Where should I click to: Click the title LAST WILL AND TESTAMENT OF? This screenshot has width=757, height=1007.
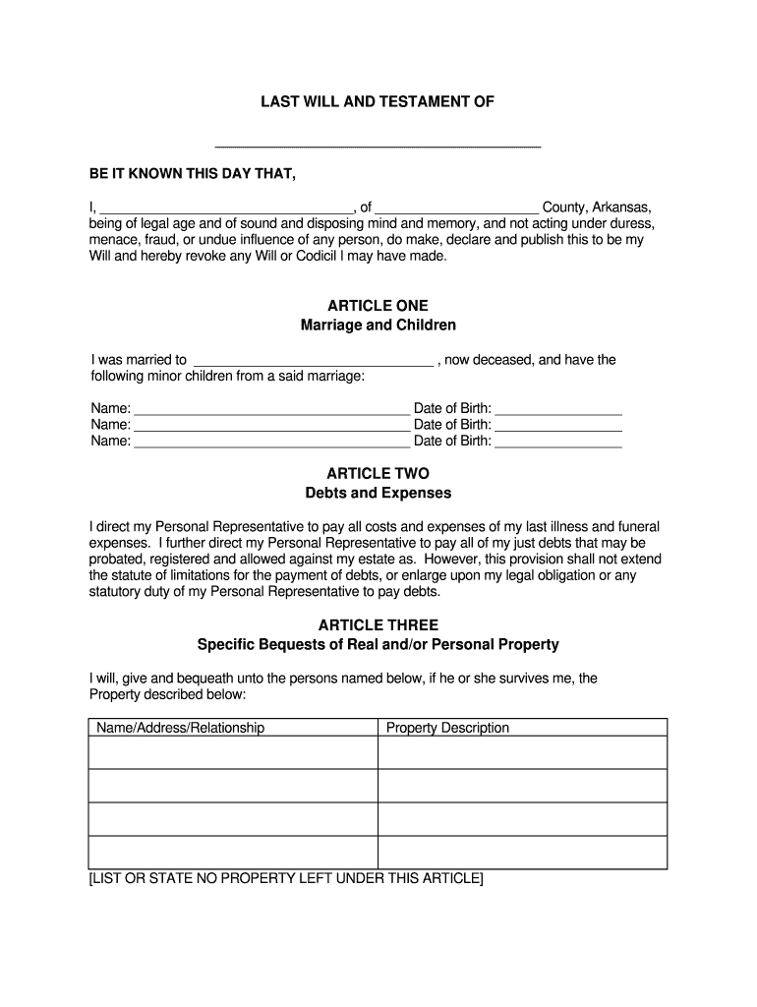coord(378,101)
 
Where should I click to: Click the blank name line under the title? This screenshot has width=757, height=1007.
coord(378,143)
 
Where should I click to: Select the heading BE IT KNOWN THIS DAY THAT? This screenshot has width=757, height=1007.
coord(192,174)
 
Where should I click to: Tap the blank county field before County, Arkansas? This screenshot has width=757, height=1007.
coord(457,207)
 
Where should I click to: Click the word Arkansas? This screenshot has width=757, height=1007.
coord(621,207)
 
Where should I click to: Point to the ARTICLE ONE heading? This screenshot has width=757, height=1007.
coord(378,306)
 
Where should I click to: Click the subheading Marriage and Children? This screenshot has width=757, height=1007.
coord(378,325)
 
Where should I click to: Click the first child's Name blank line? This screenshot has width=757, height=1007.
coord(271,408)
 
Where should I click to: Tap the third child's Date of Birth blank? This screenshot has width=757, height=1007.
coord(558,442)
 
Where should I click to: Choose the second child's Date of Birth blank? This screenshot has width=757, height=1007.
coord(558,425)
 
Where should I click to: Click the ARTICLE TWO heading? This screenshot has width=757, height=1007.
coord(378,474)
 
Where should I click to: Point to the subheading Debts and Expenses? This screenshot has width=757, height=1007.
coord(378,493)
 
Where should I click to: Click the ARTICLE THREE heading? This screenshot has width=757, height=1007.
coord(378,625)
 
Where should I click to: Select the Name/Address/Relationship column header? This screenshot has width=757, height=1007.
coord(179,728)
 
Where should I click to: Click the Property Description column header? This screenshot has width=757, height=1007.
coord(447,728)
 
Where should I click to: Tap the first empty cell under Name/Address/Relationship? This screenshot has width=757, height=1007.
coord(233,752)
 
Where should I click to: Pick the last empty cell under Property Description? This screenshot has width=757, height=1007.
coord(522,853)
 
